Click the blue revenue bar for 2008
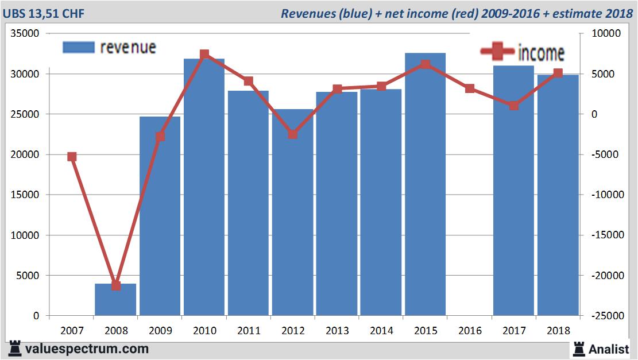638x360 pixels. pyautogui.click(x=115, y=300)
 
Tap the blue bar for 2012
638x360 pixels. pyautogui.click(x=292, y=218)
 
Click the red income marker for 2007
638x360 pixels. pyautogui.click(x=72, y=157)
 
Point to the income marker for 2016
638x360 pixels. pyautogui.click(x=470, y=88)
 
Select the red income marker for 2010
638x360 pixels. pyautogui.click(x=204, y=55)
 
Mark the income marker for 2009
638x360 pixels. pyautogui.click(x=160, y=137)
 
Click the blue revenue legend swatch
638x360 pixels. pyautogui.click(x=78, y=48)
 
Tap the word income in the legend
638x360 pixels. pyautogui.click(x=541, y=53)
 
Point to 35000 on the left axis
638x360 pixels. pyautogui.click(x=25, y=34)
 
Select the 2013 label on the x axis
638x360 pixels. pyautogui.click(x=337, y=331)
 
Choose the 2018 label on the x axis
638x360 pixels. pyautogui.click(x=558, y=331)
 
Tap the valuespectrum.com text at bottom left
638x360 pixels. pyautogui.click(x=87, y=349)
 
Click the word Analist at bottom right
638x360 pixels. pyautogui.click(x=609, y=349)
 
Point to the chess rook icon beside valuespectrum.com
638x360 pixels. pyautogui.click(x=14, y=349)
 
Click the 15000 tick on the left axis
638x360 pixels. pyautogui.click(x=25, y=195)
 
